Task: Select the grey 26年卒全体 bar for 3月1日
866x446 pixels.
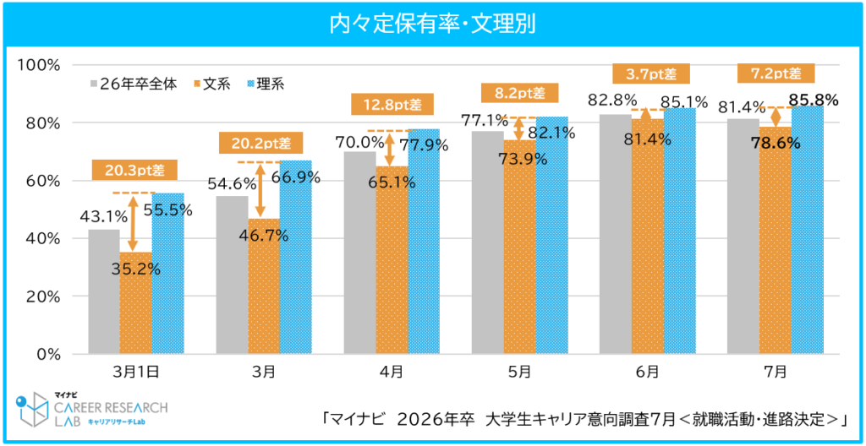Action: pos(104,291)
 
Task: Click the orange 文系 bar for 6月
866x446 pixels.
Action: pos(647,237)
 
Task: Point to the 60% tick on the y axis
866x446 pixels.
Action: pos(41,181)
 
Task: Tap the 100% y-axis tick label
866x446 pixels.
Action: pos(39,65)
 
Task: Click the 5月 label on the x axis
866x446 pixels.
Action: pos(519,371)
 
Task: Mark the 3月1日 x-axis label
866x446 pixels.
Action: pos(135,371)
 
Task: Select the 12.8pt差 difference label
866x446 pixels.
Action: pos(391,105)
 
